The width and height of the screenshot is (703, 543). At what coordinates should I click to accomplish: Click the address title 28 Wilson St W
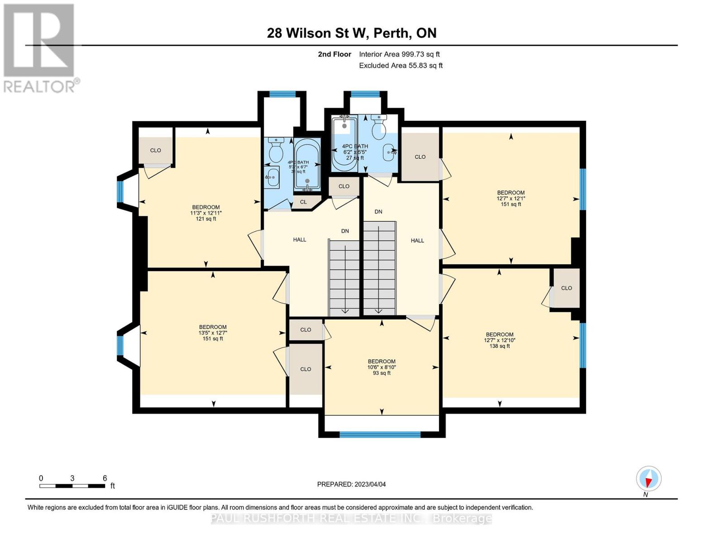[351, 33]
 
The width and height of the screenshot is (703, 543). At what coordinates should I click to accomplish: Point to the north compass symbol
[649, 479]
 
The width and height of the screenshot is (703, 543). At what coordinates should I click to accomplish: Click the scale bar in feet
[72, 486]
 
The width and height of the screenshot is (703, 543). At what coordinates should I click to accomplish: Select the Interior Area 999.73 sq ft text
[399, 54]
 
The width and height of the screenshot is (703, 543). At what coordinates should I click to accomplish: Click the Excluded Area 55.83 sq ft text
[401, 66]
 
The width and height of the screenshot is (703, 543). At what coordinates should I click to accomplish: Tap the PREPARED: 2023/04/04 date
[351, 484]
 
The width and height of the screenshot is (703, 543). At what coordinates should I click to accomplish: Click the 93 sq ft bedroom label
[382, 367]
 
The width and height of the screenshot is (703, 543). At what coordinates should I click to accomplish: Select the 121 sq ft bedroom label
[206, 213]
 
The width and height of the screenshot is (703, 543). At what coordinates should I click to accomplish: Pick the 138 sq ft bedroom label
[500, 340]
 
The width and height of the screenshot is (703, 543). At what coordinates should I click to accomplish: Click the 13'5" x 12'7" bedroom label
[213, 333]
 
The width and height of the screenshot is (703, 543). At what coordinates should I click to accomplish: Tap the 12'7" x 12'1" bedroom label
[511, 198]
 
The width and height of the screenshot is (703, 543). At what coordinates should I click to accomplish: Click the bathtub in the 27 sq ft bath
[345, 143]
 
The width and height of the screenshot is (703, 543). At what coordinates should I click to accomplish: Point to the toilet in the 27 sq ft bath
[378, 127]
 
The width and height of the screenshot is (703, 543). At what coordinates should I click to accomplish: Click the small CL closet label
[303, 202]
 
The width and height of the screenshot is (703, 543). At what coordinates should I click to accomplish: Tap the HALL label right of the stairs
[417, 241]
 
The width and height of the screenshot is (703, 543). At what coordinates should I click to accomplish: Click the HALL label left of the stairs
[299, 240]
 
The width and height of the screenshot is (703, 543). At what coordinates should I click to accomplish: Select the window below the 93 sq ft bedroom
[380, 434]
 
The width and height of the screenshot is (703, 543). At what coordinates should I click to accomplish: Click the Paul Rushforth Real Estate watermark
[351, 519]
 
